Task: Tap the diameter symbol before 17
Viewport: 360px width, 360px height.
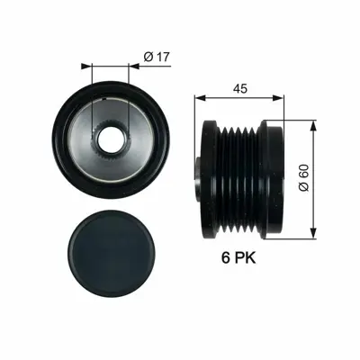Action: pos(148,58)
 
